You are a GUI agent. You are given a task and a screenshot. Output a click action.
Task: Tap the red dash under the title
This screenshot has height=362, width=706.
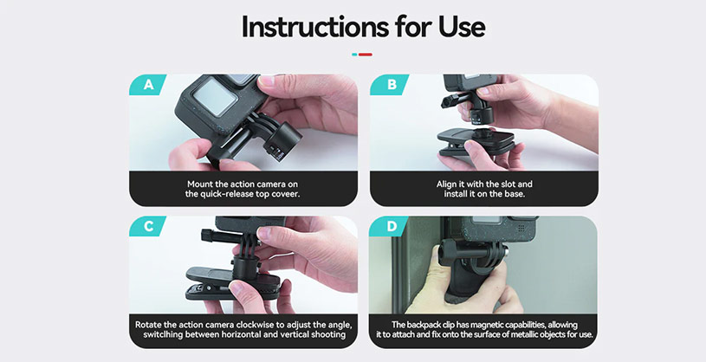point(366,55)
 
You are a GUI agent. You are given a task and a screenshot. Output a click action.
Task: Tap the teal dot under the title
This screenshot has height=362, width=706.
point(354,55)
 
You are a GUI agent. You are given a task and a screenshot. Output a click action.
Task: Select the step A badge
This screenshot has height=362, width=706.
point(148,85)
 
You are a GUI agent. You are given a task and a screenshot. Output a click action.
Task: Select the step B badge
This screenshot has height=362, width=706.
point(388,85)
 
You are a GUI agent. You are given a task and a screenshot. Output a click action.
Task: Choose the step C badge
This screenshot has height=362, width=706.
point(148,227)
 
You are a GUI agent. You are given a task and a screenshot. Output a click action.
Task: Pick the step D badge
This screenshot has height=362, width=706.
point(388,227)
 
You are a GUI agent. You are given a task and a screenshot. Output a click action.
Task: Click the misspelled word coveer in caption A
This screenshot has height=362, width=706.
point(281,194)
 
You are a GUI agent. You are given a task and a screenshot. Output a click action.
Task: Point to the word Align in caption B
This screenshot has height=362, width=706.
point(450,184)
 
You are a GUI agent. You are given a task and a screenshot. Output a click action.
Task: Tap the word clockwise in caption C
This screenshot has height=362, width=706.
point(258,325)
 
